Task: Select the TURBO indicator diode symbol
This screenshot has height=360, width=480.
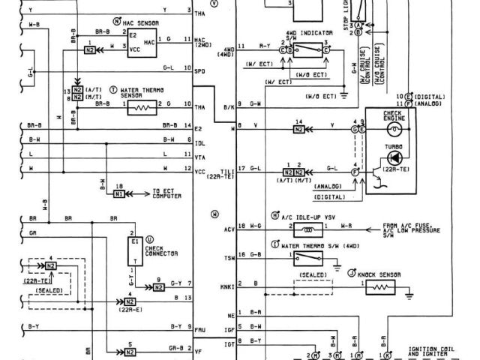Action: [397, 157]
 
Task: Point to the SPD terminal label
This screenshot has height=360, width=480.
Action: [199, 71]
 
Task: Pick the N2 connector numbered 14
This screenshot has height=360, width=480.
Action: [298, 128]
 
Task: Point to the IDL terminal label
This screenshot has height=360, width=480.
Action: [199, 139]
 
